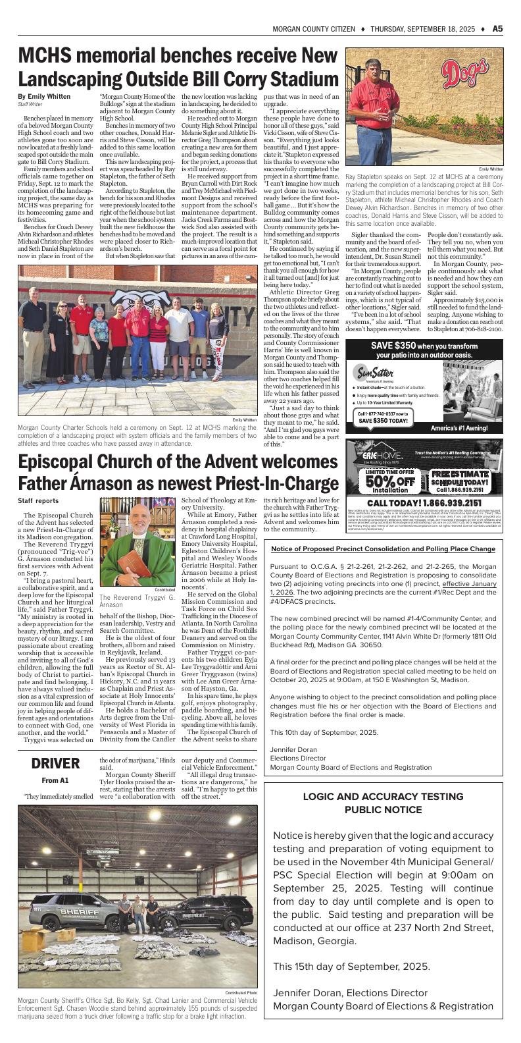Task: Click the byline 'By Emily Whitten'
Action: click(44, 97)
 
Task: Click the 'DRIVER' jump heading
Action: click(56, 763)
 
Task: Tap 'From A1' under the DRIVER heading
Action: click(55, 781)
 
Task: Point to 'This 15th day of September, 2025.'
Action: click(352, 967)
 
